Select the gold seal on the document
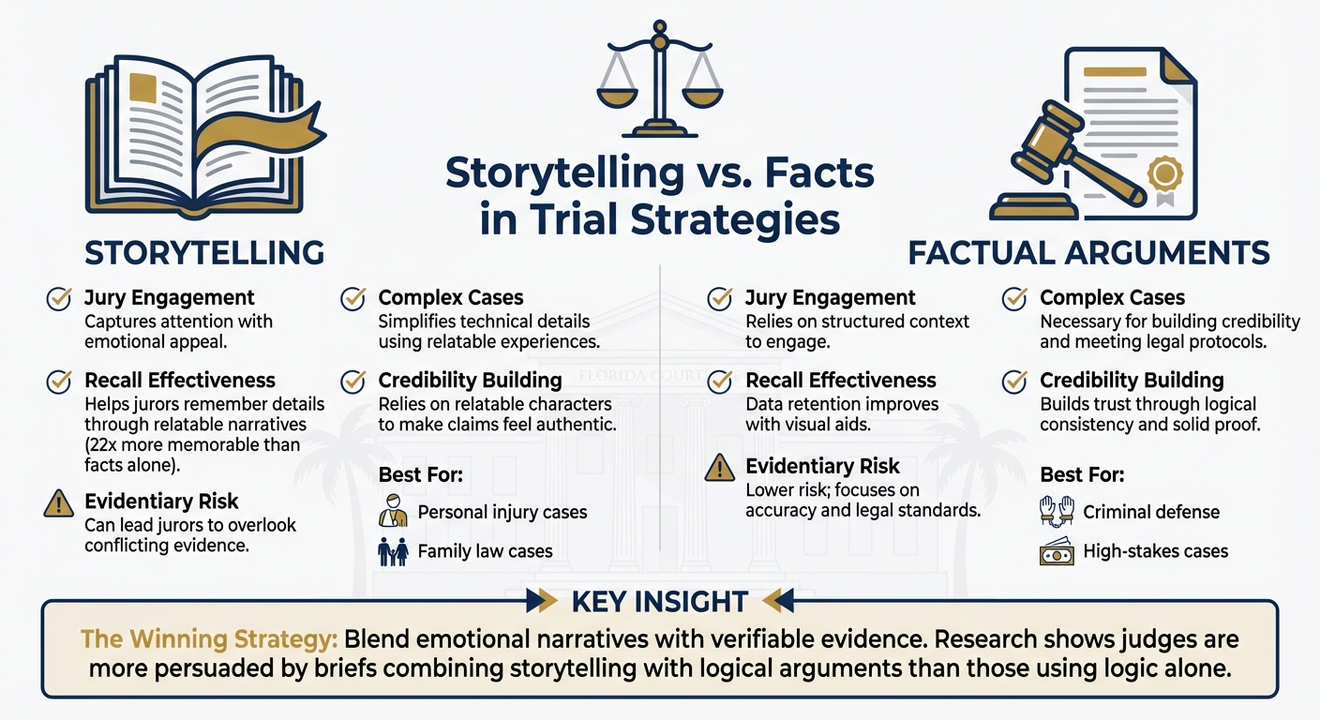pos(1165,174)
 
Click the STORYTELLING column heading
pos(204,252)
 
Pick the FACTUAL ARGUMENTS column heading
pos(1088,252)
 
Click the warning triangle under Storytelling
pos(59,503)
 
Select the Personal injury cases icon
pos(393,512)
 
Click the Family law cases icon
pos(393,551)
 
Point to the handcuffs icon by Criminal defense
pos(1056,512)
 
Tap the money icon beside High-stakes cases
pos(1056,551)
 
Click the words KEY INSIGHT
pos(659,601)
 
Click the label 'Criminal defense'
pos(1151,512)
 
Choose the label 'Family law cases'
pos(485,551)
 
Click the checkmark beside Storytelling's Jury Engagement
pos(59,299)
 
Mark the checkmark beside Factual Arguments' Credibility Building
pos(1014,382)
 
